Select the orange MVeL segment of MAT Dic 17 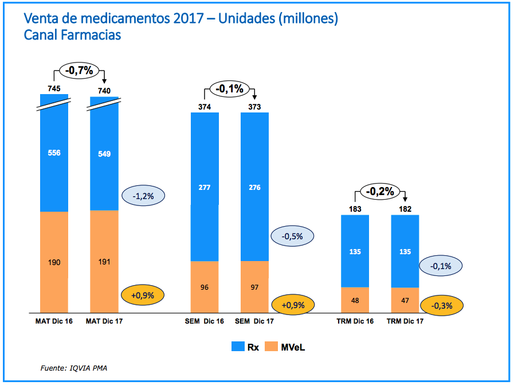[x=104, y=261]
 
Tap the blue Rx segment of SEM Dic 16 [x=205, y=186]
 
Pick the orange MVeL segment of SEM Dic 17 [x=254, y=286]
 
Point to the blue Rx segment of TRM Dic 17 [x=405, y=251]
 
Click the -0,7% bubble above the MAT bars [x=80, y=71]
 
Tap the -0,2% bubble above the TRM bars [x=380, y=191]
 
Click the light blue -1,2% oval [x=143, y=196]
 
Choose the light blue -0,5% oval [x=292, y=235]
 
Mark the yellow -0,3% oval [x=442, y=305]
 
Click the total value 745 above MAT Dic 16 [x=54, y=88]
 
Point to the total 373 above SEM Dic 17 [x=254, y=107]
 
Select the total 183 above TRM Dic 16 [x=355, y=209]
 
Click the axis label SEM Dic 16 [x=205, y=321]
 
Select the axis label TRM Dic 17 [x=405, y=321]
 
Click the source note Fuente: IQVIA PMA [x=73, y=367]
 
